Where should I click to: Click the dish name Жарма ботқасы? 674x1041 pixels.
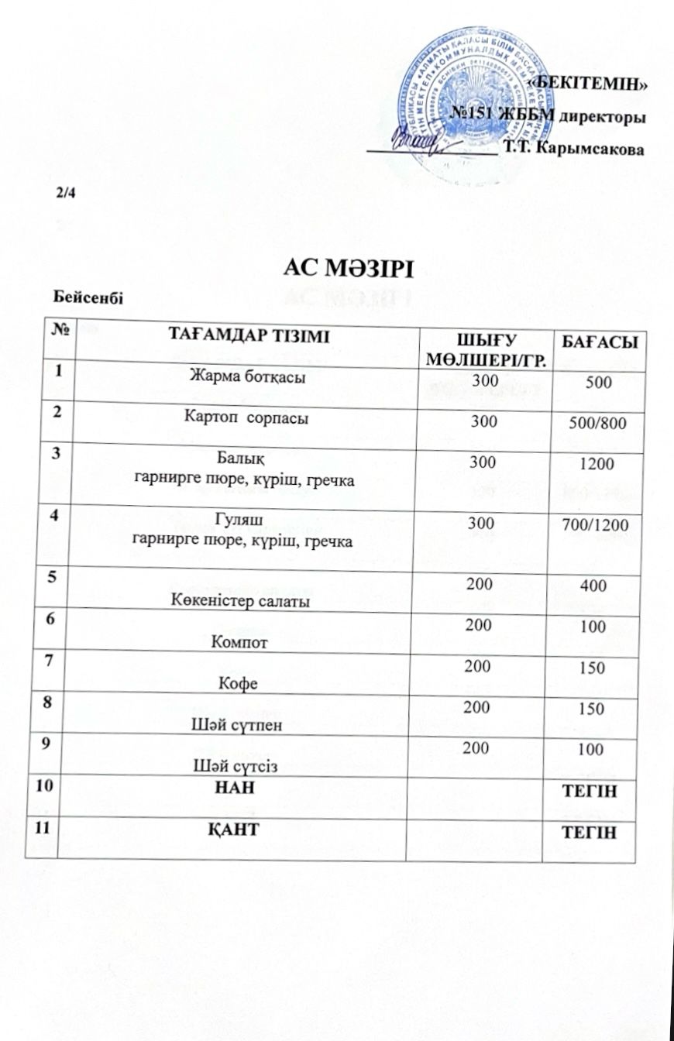[242, 378]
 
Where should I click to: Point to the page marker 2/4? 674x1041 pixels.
[67, 192]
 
